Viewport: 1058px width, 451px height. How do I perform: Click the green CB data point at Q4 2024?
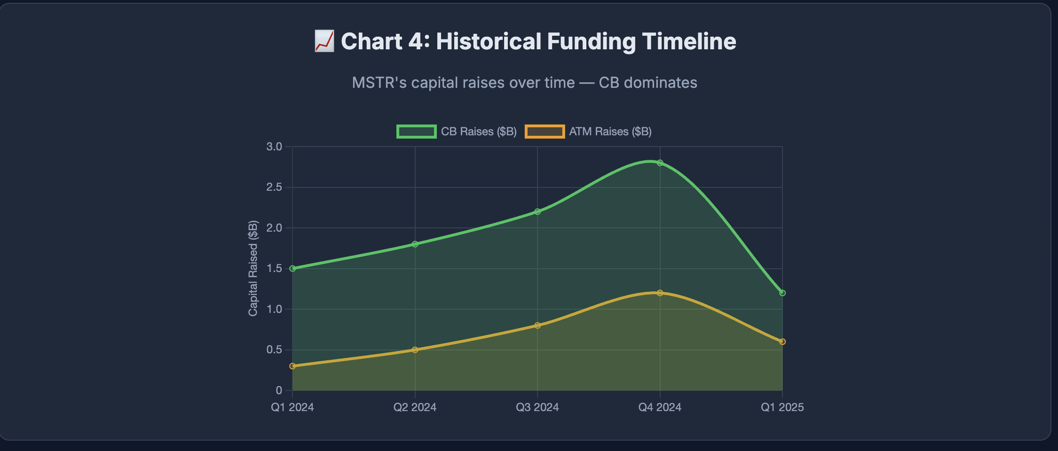[x=660, y=163]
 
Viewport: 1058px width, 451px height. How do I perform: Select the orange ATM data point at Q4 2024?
[x=660, y=293]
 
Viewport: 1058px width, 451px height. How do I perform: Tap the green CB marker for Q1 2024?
[x=292, y=269]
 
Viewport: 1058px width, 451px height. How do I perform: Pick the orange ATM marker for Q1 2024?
[x=292, y=366]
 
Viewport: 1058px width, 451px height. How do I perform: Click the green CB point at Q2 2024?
[x=415, y=244]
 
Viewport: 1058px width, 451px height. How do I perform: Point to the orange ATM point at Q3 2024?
[x=537, y=326]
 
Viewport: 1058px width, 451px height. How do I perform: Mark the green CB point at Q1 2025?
[x=782, y=293]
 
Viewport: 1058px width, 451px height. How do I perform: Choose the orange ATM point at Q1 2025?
[x=782, y=342]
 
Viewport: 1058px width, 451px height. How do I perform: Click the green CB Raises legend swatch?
[x=416, y=132]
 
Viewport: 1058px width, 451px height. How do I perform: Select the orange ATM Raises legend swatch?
[x=545, y=132]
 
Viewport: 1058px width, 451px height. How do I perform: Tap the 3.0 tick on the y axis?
[x=274, y=147]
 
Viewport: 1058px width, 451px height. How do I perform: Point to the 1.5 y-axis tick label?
[x=274, y=269]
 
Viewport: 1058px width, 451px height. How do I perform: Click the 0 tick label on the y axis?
[x=279, y=390]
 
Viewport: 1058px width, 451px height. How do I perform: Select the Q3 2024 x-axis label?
[x=537, y=407]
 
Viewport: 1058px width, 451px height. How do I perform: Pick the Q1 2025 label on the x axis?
[x=782, y=407]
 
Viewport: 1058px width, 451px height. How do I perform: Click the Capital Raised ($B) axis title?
[x=253, y=268]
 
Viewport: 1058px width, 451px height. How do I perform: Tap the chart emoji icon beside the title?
[x=324, y=41]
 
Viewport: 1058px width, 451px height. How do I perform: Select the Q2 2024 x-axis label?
[x=415, y=407]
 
